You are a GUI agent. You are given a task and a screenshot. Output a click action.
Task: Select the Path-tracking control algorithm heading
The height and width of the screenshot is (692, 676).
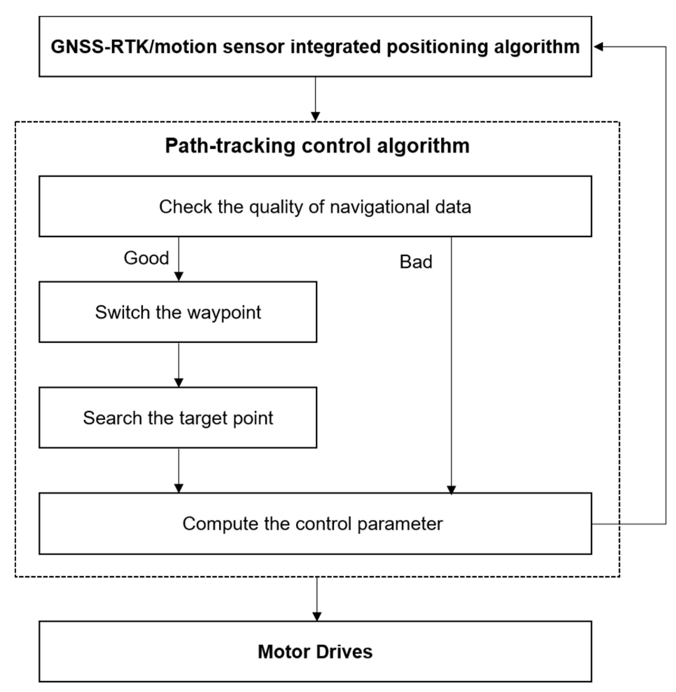point(317,146)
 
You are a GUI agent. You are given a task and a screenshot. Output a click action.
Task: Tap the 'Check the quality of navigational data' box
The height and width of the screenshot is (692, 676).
point(315,207)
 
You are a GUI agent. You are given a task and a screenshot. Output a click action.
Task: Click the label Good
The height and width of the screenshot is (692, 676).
point(146,258)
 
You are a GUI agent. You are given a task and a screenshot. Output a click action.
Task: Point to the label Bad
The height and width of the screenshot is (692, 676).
point(416,262)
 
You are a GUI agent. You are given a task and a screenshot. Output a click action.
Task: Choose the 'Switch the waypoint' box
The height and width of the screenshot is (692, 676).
point(177,313)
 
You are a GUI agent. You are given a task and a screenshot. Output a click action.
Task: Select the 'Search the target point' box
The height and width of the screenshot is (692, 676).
point(177,418)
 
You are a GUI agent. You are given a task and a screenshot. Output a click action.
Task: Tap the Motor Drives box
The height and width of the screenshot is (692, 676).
point(315,652)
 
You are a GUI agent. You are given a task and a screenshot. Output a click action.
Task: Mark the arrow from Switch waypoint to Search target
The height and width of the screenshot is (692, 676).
point(179,366)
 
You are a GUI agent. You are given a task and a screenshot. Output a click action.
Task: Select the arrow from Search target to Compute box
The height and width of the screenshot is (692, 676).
point(179,471)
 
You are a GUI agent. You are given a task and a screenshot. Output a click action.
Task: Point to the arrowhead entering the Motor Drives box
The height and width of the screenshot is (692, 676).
point(317,617)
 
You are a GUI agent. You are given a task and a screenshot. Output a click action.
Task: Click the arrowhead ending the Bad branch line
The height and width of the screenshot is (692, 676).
point(451,490)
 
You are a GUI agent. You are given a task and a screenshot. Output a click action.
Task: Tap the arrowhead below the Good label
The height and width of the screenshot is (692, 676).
point(179,277)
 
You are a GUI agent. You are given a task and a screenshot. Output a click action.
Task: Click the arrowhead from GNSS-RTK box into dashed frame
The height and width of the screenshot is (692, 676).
point(315,117)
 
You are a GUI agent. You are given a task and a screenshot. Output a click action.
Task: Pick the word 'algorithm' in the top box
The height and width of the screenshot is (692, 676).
point(536,47)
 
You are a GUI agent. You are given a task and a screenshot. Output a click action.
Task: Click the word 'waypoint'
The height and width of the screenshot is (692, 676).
point(224,313)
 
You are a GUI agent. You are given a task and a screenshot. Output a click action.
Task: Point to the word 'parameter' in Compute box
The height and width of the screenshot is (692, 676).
point(400,524)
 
